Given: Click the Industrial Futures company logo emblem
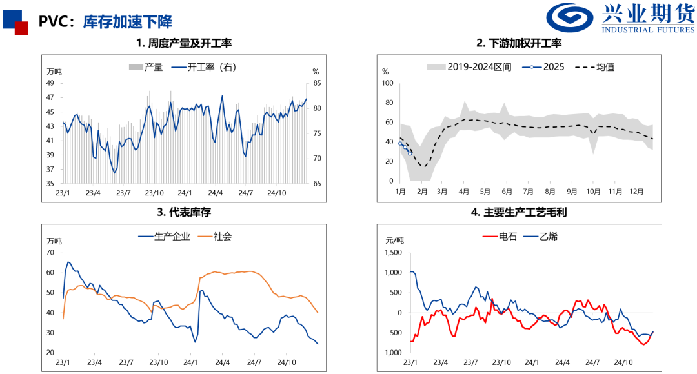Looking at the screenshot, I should click(x=571, y=20).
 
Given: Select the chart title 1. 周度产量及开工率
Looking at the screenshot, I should click(x=184, y=44).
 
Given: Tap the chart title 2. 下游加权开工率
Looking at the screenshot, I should click(x=519, y=44).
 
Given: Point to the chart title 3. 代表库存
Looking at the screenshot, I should click(x=184, y=212).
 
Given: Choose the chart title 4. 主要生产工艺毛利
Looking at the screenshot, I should click(x=519, y=212).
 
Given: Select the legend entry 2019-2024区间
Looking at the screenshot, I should click(x=469, y=67).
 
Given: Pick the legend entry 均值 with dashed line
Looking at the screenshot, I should click(x=594, y=67).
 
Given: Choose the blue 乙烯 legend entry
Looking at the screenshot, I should click(x=540, y=237).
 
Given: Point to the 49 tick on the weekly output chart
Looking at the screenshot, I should click(x=50, y=83).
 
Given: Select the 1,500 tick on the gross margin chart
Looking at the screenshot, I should click(x=392, y=253).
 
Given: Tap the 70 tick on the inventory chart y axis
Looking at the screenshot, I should click(x=50, y=253).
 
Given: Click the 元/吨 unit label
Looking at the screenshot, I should click(x=394, y=241).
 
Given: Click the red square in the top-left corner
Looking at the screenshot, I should click(x=21, y=28).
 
